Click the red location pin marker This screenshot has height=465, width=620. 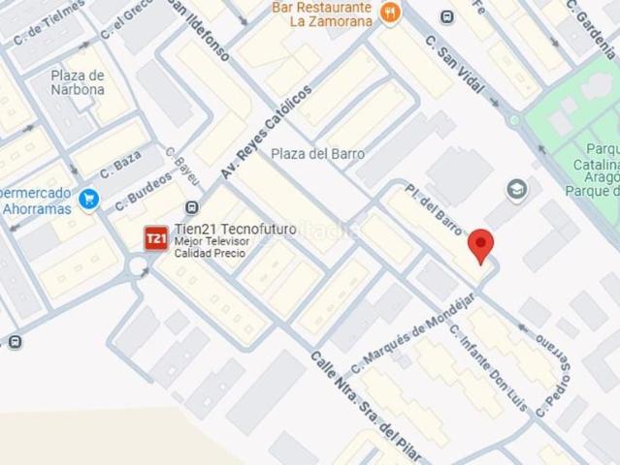tap(480, 246)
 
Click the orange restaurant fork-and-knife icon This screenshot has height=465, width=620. tap(390, 13)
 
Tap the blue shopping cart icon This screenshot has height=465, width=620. tap(89, 199)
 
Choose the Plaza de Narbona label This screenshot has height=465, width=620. tap(79, 82)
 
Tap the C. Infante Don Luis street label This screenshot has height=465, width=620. tap(488, 368)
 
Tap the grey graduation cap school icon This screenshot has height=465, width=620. tap(516, 188)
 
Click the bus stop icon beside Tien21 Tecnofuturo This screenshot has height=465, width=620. tap(191, 207)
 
